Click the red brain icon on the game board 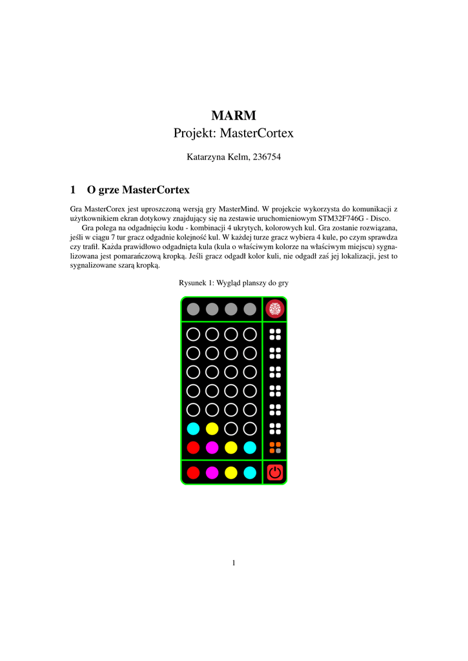pyautogui.click(x=275, y=309)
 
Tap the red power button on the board pyautogui.click(x=275, y=473)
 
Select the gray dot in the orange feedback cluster pyautogui.click(x=278, y=451)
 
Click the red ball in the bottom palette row pyautogui.click(x=193, y=473)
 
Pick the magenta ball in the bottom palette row pyautogui.click(x=212, y=473)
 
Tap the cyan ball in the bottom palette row pyautogui.click(x=250, y=473)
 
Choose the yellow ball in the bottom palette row pyautogui.click(x=231, y=473)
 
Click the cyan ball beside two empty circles pyautogui.click(x=193, y=428)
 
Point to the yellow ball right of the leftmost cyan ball pyautogui.click(x=212, y=428)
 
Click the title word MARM pyautogui.click(x=234, y=116)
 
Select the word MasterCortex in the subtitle pyautogui.click(x=257, y=134)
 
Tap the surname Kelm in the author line pyautogui.click(x=239, y=157)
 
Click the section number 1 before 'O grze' pyautogui.click(x=73, y=190)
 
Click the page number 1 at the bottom pyautogui.click(x=234, y=564)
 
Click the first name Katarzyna pyautogui.click(x=206, y=157)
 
